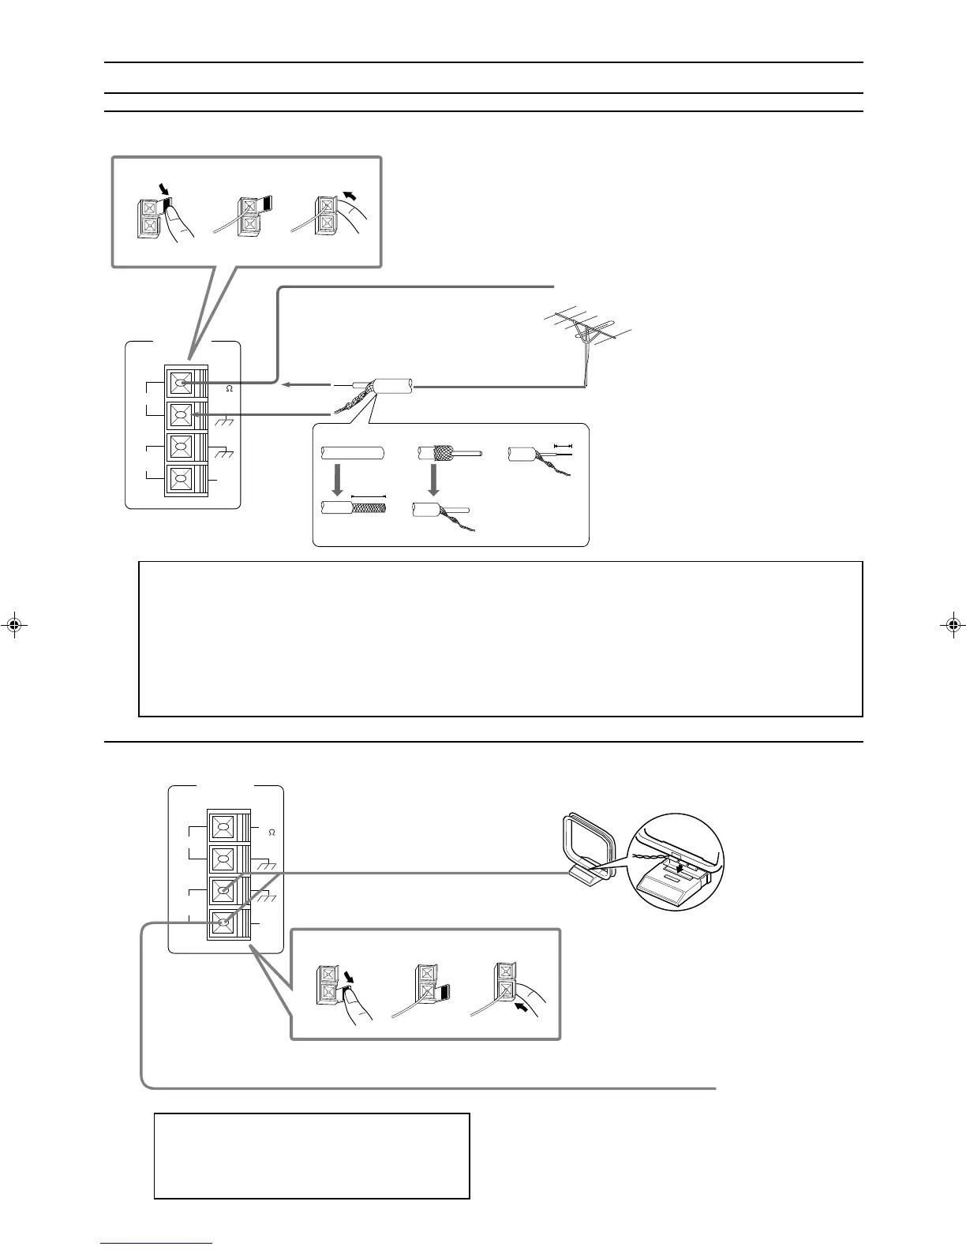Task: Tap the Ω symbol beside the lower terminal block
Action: [x=271, y=832]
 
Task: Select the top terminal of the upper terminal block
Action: [x=182, y=384]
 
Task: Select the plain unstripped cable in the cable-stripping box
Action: [x=352, y=455]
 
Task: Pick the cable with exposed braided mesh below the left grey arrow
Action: [x=353, y=507]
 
